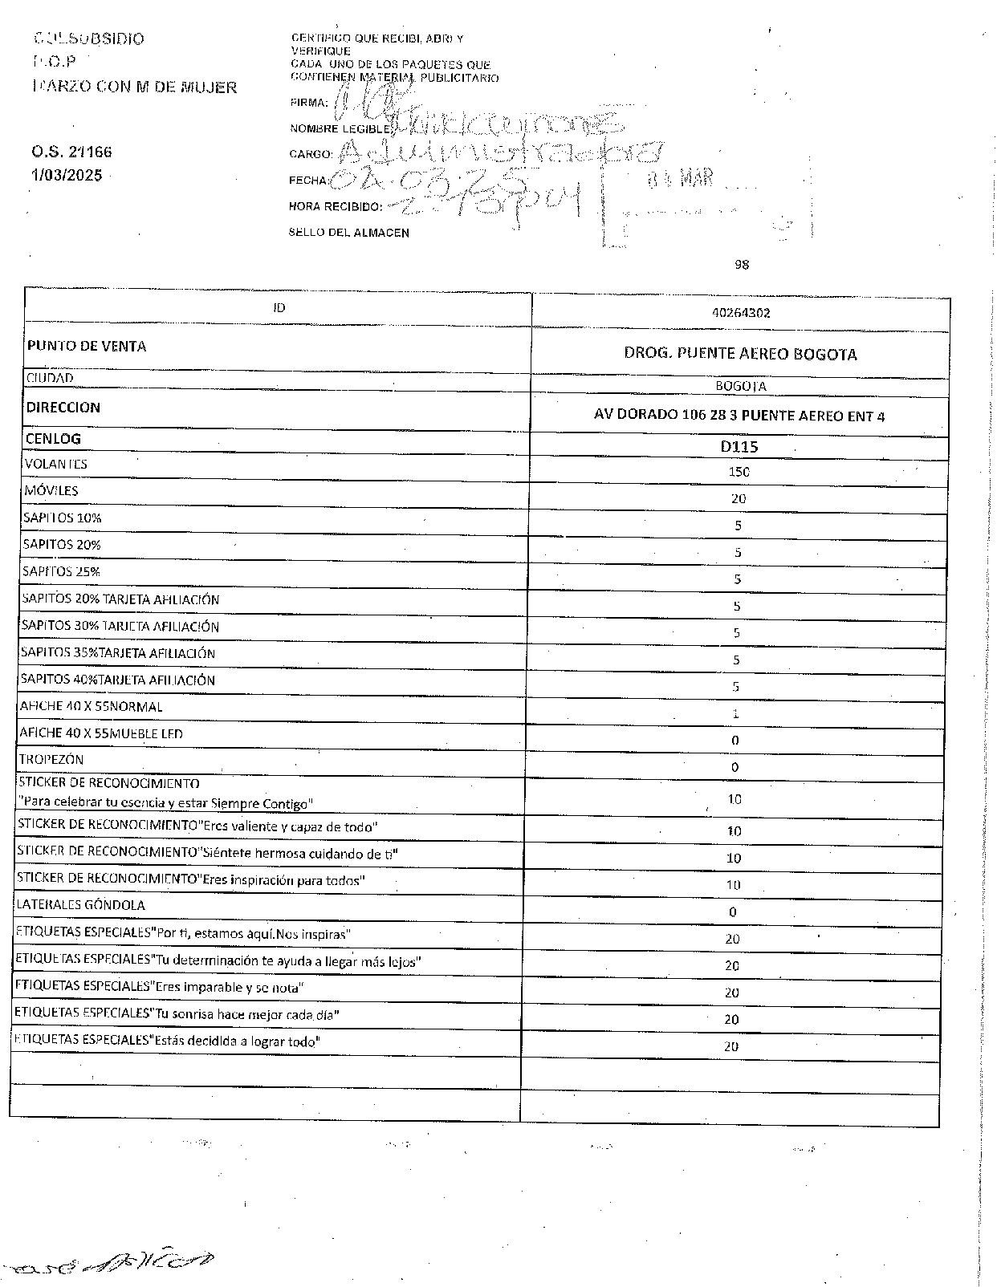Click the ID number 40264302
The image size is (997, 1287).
[741, 313]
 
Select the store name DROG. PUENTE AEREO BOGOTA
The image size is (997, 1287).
[740, 354]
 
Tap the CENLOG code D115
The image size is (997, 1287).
[739, 446]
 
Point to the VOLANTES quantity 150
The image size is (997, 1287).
[739, 472]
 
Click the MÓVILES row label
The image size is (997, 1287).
[51, 490]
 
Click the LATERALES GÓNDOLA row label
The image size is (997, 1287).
[81, 905]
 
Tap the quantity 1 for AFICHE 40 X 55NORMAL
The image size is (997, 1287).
[736, 713]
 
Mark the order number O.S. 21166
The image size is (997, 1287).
[72, 152]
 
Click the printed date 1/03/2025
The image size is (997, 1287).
[67, 174]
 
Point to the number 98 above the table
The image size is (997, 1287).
[742, 264]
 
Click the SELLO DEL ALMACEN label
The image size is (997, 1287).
[349, 233]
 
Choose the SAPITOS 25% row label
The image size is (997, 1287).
[62, 571]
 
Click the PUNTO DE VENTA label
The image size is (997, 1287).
[87, 346]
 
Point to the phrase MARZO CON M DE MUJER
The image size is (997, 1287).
[135, 87]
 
